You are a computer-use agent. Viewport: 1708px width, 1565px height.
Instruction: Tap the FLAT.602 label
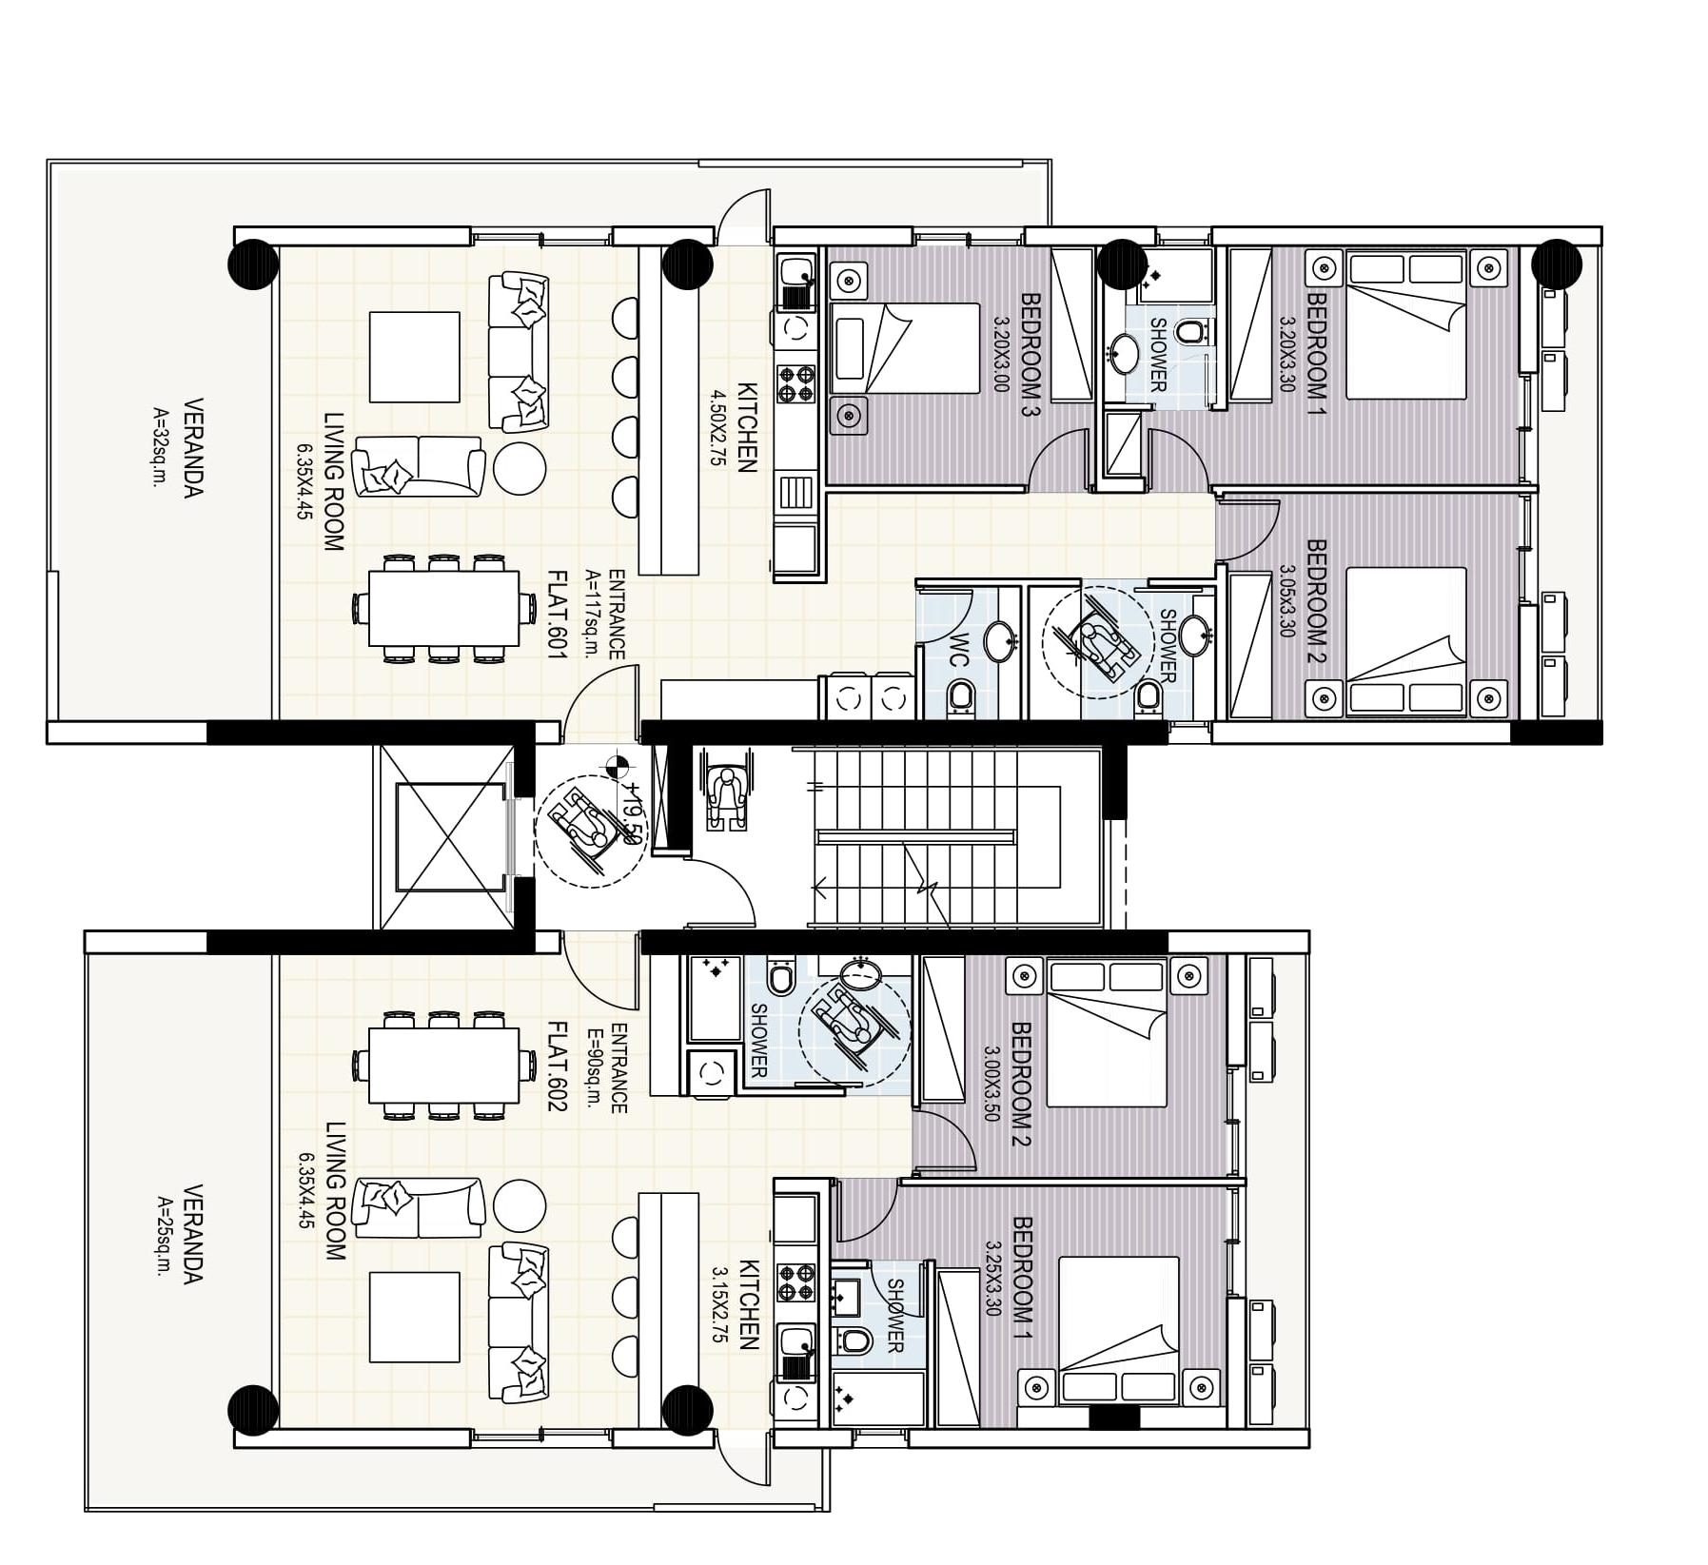pos(557,1066)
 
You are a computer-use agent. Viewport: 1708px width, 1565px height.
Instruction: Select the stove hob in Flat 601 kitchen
pos(796,382)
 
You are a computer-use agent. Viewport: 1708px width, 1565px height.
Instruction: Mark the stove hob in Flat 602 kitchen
pos(795,1281)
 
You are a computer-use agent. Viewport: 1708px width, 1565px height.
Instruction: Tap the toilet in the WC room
pos(961,697)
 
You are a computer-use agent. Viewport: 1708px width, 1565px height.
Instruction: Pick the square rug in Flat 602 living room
pos(413,1318)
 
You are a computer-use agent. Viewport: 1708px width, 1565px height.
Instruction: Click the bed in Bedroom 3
pos(904,348)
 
